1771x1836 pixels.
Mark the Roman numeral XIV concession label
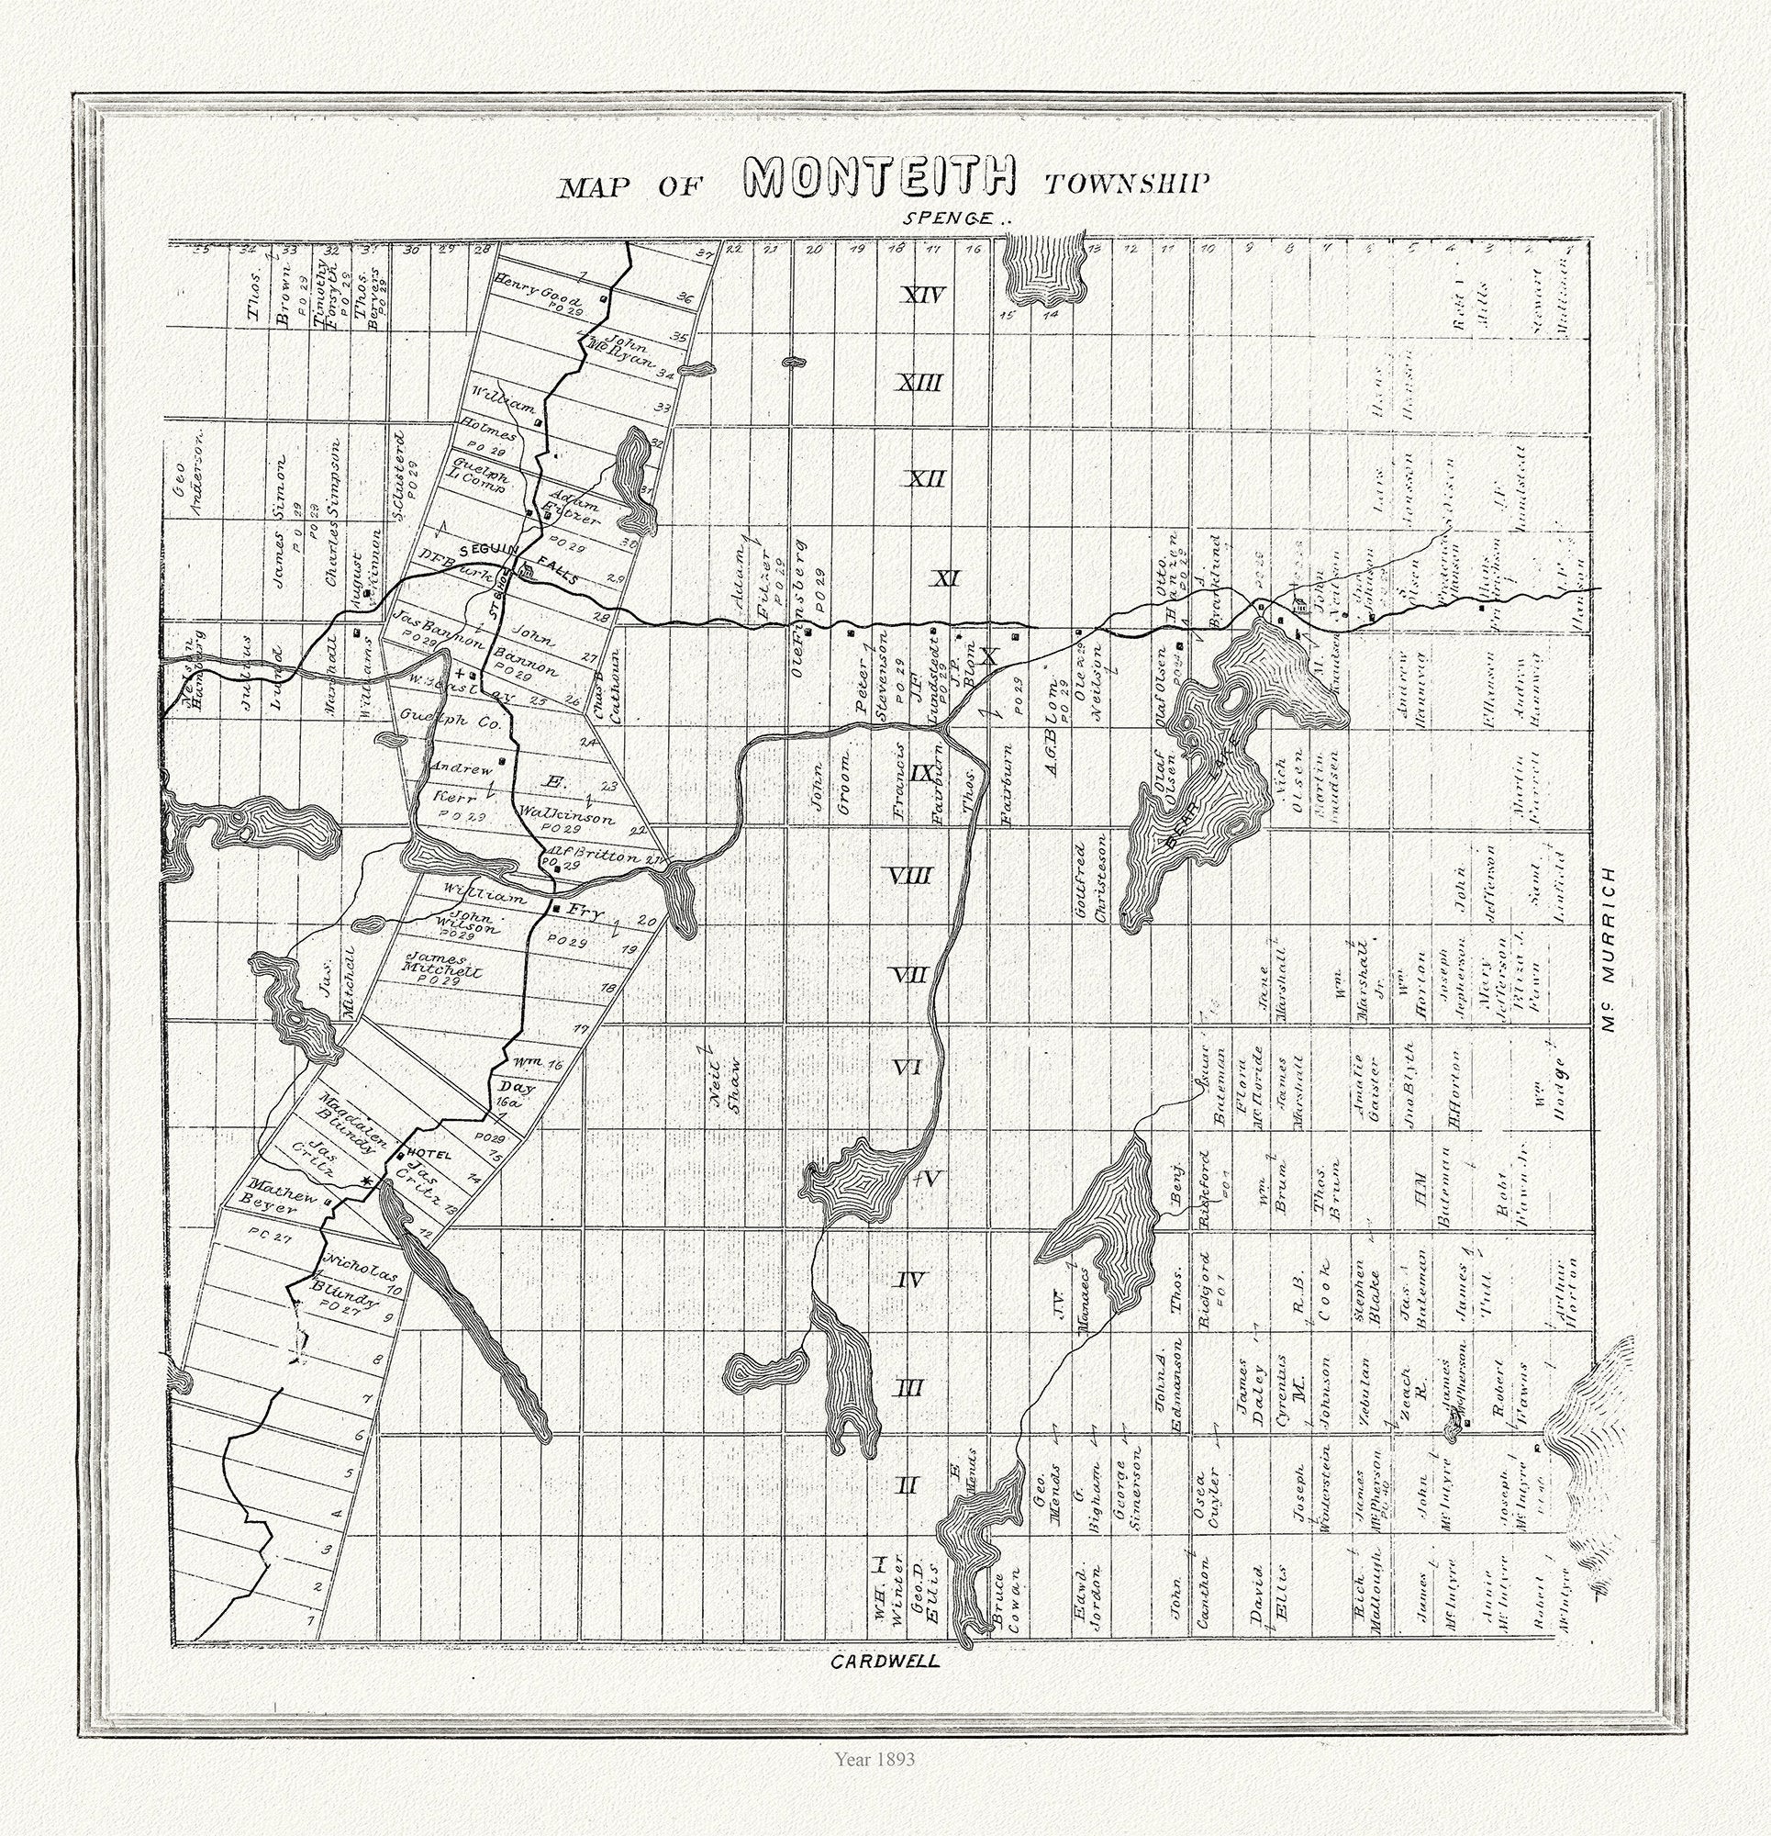tap(921, 296)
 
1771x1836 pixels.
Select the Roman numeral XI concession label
tap(943, 579)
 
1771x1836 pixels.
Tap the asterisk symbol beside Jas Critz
tap(367, 1183)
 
